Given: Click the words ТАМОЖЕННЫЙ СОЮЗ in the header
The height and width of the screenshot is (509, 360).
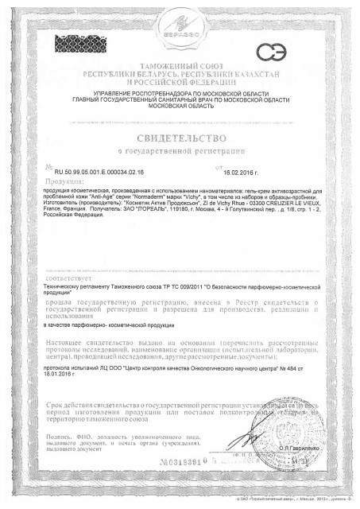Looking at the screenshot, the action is pos(180,61).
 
